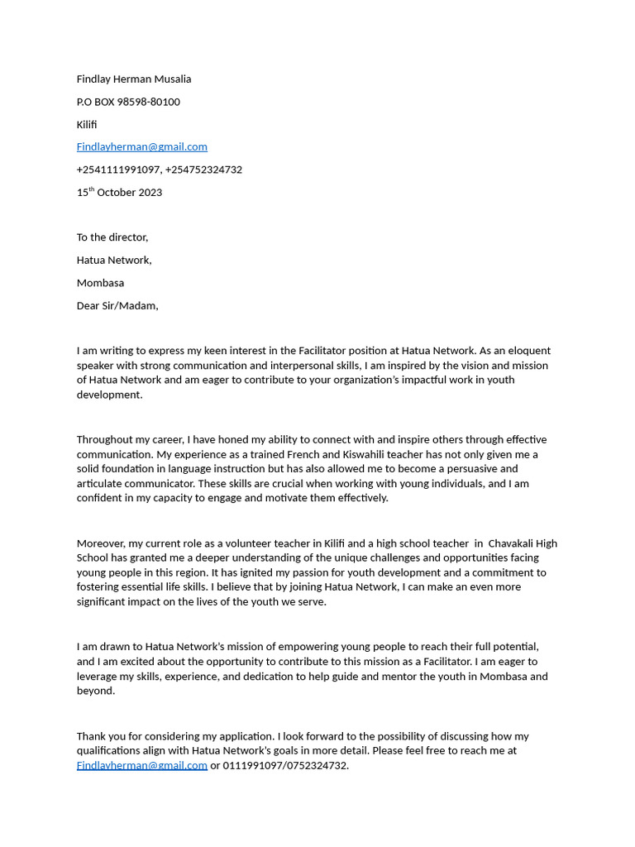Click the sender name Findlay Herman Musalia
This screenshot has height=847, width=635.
click(134, 79)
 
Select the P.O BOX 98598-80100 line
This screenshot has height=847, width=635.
click(128, 102)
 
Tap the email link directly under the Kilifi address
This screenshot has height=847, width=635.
click(141, 147)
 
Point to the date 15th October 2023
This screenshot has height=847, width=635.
click(119, 193)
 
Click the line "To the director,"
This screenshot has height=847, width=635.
click(112, 237)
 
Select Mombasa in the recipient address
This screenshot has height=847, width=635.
click(100, 283)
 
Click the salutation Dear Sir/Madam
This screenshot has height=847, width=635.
click(117, 305)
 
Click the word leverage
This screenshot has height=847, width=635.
click(99, 677)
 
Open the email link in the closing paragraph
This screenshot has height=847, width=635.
click(141, 766)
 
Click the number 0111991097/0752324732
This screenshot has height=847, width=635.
click(285, 766)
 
